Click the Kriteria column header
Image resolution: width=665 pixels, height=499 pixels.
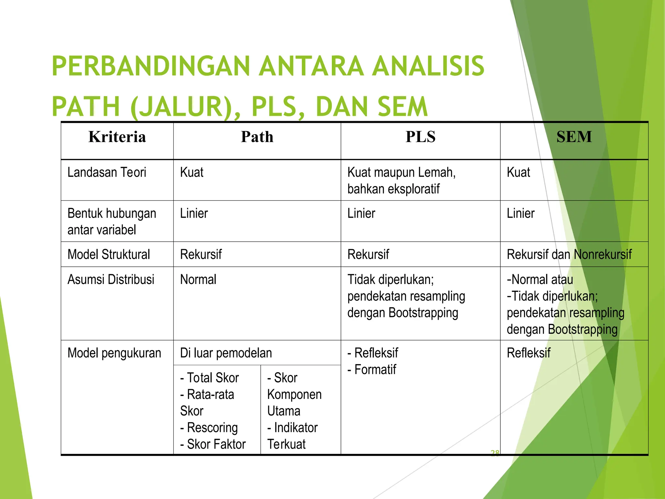tap(117, 137)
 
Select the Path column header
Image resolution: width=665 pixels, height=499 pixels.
tap(257, 137)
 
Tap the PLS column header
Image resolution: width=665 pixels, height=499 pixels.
tap(420, 137)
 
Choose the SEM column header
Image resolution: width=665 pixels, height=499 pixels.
tap(574, 137)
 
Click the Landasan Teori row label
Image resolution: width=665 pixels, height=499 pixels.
tap(107, 173)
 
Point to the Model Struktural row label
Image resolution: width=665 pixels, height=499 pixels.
tap(108, 254)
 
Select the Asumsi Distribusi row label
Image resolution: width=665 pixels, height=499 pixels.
tap(111, 280)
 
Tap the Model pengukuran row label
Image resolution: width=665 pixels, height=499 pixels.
tap(114, 353)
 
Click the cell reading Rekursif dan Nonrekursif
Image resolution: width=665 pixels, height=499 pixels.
tap(569, 254)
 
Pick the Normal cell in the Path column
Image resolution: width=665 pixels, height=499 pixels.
tap(198, 280)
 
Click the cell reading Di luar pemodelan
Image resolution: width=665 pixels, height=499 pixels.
tap(226, 353)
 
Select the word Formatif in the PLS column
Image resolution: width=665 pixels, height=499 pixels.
tap(375, 370)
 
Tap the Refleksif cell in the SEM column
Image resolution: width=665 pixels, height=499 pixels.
tap(528, 353)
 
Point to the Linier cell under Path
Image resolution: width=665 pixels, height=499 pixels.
tap(194, 213)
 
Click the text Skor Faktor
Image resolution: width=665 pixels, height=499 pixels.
tap(216, 444)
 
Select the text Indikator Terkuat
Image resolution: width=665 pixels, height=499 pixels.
tap(292, 436)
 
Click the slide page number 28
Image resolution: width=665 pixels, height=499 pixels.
tap(495, 453)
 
